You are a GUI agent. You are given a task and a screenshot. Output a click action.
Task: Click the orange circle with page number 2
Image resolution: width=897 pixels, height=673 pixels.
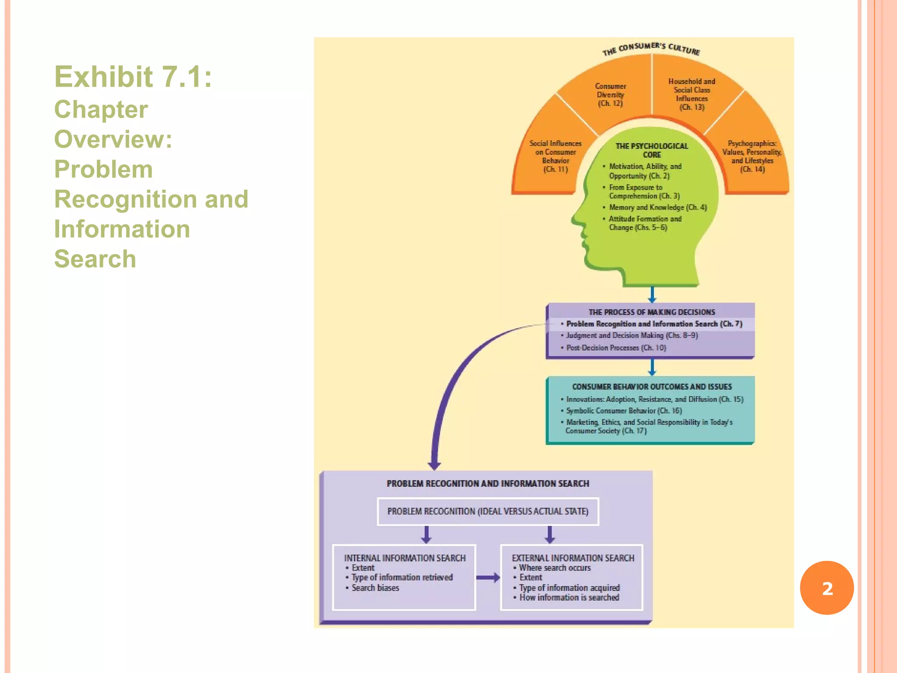[x=826, y=588]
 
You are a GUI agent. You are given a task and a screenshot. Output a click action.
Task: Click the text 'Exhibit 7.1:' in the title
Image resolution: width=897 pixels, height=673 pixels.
[x=133, y=77]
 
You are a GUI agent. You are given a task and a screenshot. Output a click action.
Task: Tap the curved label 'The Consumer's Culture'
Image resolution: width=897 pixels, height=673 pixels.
[x=651, y=49]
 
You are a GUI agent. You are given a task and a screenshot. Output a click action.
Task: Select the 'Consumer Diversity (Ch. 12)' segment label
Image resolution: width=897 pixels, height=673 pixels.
[x=610, y=95]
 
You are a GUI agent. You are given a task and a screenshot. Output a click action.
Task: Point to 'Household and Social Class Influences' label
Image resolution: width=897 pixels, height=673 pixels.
[x=692, y=94]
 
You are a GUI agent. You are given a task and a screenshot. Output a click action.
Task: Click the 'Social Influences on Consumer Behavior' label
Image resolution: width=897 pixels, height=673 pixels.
[x=555, y=156]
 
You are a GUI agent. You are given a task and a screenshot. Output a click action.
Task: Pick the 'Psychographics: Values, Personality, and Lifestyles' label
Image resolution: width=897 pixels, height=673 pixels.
[x=752, y=156]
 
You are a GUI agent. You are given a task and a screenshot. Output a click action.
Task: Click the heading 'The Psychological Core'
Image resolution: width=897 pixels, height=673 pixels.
[x=652, y=150]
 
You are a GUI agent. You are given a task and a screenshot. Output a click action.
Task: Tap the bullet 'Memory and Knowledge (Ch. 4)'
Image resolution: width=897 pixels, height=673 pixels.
[x=657, y=207]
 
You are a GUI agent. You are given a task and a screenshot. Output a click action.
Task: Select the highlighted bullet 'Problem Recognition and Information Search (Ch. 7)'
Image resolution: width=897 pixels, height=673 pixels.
[x=653, y=324]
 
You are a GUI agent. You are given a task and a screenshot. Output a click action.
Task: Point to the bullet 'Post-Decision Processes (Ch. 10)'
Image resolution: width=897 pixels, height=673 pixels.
[x=615, y=347]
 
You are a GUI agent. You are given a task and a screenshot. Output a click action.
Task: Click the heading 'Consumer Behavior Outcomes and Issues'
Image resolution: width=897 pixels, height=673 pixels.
[x=652, y=386]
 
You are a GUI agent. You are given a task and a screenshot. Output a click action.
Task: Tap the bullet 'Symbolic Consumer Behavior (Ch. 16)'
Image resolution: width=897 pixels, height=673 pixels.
[x=623, y=411]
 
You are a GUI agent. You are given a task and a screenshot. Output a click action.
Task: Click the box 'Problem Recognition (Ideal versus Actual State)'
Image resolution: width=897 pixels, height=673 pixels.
[x=487, y=511]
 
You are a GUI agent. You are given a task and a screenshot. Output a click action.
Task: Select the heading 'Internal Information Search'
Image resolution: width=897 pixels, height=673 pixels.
[x=404, y=558]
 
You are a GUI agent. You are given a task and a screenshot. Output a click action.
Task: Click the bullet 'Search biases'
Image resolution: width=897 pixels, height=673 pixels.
[x=375, y=588]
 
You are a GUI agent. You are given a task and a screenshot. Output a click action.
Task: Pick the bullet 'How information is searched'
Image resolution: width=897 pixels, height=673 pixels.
[x=569, y=598]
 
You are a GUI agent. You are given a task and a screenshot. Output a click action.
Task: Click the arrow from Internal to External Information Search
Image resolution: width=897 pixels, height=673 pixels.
[x=488, y=577]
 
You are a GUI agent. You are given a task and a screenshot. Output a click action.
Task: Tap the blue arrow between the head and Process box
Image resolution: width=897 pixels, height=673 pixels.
[x=652, y=294]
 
